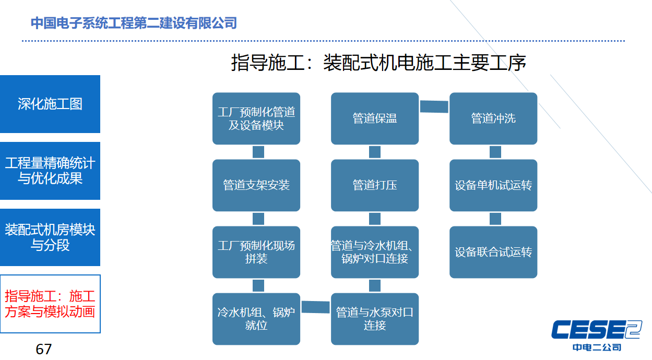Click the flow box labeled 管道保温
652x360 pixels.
coord(375,118)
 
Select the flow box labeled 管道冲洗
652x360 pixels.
coord(493,118)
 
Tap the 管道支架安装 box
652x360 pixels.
coord(256,185)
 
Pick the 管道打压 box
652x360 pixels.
coord(375,185)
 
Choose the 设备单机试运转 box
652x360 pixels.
coord(493,185)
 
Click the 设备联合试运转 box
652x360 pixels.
coord(493,252)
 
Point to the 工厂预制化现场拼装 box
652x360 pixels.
coord(256,252)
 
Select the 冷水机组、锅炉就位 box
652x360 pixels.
coord(256,319)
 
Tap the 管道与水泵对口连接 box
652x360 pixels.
coord(375,319)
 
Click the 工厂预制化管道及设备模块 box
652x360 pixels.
coord(256,118)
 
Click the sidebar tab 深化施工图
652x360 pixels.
coord(50,104)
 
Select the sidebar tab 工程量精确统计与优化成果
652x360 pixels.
coord(50,171)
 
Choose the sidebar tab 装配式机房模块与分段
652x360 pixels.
coord(50,237)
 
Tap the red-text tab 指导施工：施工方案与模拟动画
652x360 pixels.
coord(50,304)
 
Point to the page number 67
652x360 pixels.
coord(44,349)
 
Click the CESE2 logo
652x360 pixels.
coord(597,335)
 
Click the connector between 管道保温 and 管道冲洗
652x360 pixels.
coord(434,106)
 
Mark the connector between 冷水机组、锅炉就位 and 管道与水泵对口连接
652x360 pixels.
coord(315,307)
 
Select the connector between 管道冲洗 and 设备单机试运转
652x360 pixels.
coord(495,152)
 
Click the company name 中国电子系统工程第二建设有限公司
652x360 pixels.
coord(134,23)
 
